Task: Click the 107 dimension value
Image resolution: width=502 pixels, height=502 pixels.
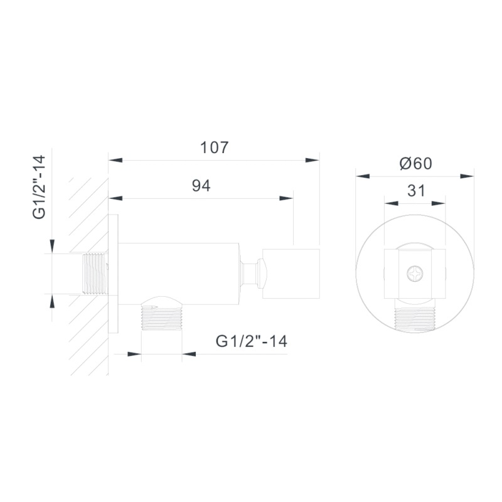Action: [214, 147]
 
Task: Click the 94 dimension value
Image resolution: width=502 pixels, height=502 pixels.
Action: [201, 186]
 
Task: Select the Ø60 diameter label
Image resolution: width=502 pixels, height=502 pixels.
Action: [416, 164]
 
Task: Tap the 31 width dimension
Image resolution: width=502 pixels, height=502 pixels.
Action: [416, 191]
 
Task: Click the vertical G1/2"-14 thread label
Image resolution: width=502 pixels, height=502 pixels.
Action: [39, 187]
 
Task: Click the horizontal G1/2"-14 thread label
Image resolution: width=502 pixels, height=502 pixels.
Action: [252, 341]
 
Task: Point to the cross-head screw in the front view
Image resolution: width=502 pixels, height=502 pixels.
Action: [415, 274]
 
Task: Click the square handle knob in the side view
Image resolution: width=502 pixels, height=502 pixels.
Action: [291, 274]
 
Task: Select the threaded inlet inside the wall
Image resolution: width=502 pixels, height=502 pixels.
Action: [95, 274]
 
